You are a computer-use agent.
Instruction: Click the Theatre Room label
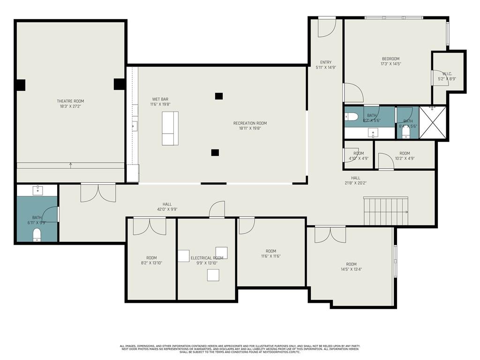tap(70, 101)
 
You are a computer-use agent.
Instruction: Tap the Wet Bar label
tap(160, 99)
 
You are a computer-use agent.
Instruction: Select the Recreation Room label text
tap(250, 123)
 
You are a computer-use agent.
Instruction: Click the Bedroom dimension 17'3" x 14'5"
tap(390, 64)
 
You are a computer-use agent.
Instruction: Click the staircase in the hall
tap(386, 211)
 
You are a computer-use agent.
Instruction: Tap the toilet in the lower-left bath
tap(37, 235)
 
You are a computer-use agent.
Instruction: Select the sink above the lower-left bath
tap(37, 190)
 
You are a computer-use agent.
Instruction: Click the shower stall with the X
tap(432, 123)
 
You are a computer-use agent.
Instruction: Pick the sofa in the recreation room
tap(170, 128)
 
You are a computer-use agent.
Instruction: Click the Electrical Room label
tap(207, 258)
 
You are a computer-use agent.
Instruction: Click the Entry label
tap(326, 62)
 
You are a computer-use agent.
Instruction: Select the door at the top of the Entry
tap(327, 27)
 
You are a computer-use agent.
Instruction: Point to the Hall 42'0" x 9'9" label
tap(167, 204)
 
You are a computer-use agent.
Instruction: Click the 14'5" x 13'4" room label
tap(351, 264)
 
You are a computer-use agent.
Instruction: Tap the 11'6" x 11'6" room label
tap(271, 251)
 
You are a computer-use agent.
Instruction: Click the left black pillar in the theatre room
tap(20, 85)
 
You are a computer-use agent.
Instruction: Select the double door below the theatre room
tap(98, 192)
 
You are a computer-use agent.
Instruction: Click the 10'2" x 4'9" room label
tap(405, 153)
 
